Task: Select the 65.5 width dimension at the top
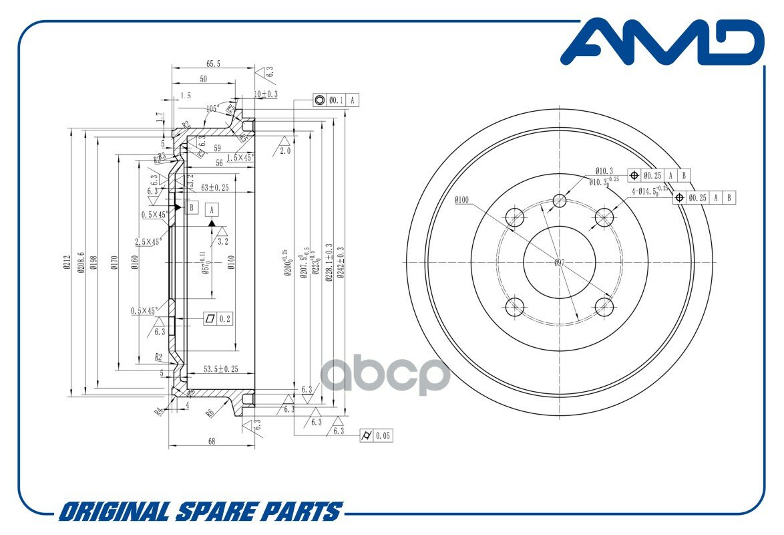[x=213, y=64]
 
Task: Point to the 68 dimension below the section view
[x=212, y=441]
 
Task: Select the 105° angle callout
[x=212, y=108]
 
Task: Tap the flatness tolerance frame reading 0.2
[x=218, y=319]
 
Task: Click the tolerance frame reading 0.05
[x=376, y=435]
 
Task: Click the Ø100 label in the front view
[x=461, y=199]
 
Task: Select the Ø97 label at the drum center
[x=560, y=263]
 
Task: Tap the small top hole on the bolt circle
[x=560, y=201]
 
